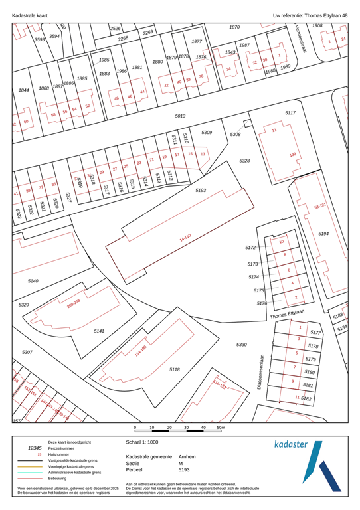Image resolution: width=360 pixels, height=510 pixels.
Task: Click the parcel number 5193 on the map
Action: point(201,190)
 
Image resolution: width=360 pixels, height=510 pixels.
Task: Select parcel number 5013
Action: point(180,116)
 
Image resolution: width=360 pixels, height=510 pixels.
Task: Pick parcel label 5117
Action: point(290,113)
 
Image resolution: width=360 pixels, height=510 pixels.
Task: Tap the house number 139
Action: point(292,155)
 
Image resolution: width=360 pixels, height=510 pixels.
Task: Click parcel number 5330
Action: point(241,344)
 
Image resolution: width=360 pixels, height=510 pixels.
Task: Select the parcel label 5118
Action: point(175,369)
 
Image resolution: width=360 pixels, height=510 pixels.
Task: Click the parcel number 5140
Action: point(34,282)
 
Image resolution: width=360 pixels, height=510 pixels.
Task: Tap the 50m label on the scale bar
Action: point(221,428)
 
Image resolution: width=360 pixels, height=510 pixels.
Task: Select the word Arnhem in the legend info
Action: point(187,457)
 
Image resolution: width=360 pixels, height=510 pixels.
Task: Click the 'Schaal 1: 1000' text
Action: point(142,441)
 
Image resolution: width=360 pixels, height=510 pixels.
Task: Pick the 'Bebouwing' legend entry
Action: point(60,478)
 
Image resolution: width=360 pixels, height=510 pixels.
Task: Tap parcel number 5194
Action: point(323,234)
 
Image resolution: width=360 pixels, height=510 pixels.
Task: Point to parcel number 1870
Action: point(234,27)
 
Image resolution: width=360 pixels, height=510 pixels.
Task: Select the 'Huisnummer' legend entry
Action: point(60,454)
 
